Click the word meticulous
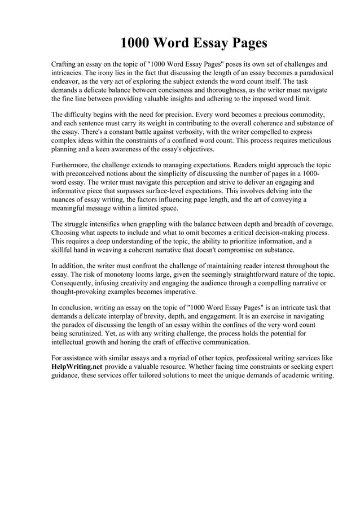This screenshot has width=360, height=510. pos(310,140)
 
